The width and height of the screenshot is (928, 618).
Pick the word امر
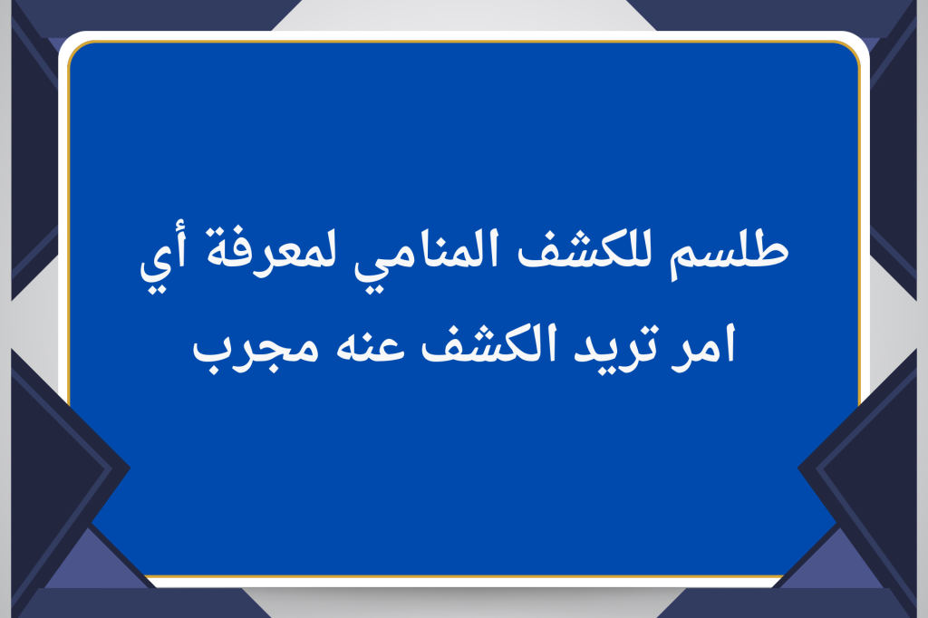pos(703,346)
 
